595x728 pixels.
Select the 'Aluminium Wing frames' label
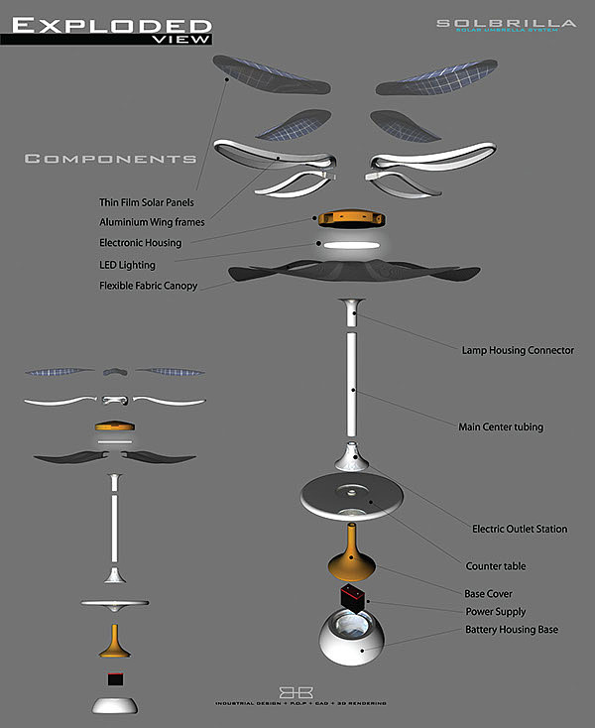pyautogui.click(x=152, y=222)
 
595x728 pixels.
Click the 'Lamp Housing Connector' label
pyautogui.click(x=518, y=350)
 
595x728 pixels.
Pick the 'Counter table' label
pyautogui.click(x=496, y=566)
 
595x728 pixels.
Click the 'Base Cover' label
pyautogui.click(x=488, y=593)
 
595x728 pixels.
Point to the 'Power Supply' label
pyautogui.click(x=496, y=612)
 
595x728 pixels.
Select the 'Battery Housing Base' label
pyautogui.click(x=510, y=630)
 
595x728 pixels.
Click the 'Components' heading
pyautogui.click(x=109, y=159)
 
